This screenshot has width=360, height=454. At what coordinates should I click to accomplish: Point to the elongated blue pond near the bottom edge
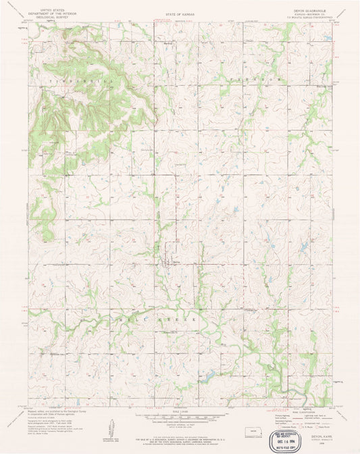[x=210, y=376]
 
